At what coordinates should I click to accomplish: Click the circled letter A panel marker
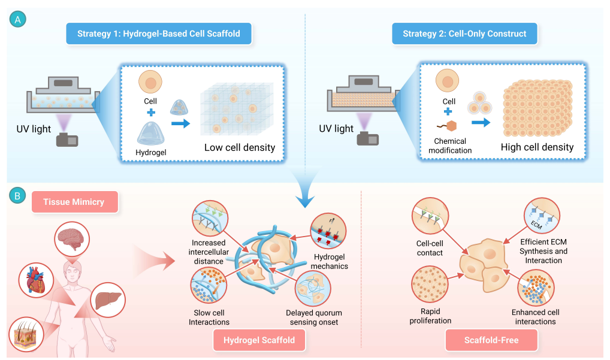(18, 20)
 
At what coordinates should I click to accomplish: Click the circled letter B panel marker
(18, 196)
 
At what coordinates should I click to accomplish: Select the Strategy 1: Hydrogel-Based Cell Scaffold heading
(159, 34)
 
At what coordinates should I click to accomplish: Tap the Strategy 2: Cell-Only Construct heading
(464, 34)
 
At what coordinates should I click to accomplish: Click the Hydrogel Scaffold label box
(259, 340)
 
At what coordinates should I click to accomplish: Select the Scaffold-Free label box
(491, 340)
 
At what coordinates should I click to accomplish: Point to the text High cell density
(537, 147)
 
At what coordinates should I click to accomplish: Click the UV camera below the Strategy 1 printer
(67, 140)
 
